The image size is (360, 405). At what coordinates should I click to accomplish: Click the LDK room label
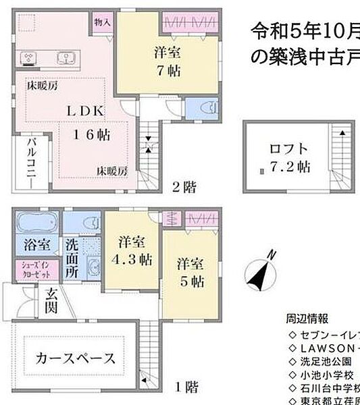pos(84,109)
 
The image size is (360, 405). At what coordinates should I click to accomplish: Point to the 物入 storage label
pos(103,22)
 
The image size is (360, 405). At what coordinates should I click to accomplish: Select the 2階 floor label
pos(183,187)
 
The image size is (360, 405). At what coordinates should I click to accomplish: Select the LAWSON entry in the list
pos(320,347)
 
